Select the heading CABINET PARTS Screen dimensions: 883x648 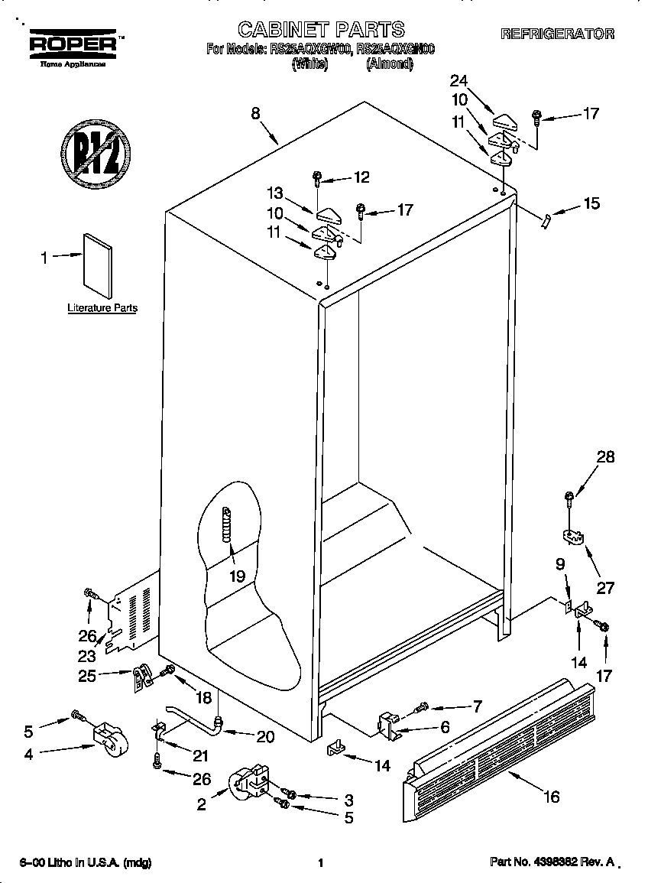pyautogui.click(x=321, y=30)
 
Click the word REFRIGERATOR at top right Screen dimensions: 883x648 pyautogui.click(x=557, y=34)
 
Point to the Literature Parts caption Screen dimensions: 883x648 pyautogui.click(x=102, y=308)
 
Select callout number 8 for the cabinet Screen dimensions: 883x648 pyautogui.click(x=256, y=113)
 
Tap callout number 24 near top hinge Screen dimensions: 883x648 pyautogui.click(x=458, y=80)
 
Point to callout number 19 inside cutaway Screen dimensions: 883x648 pyautogui.click(x=237, y=576)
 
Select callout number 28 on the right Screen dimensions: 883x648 pyautogui.click(x=605, y=457)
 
